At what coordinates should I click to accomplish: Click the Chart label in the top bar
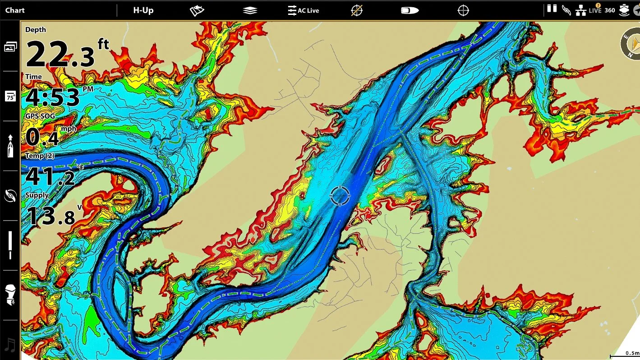tap(15, 10)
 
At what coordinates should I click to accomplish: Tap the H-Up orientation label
tap(143, 10)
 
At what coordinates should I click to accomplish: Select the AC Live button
tap(304, 10)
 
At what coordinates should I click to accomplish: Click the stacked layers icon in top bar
tap(250, 10)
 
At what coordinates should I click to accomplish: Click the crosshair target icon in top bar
tap(463, 10)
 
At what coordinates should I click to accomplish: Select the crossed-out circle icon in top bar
tap(357, 10)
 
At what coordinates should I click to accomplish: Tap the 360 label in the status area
tap(609, 10)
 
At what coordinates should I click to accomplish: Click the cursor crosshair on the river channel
tap(340, 195)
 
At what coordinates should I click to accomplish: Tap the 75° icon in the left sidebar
tap(10, 96)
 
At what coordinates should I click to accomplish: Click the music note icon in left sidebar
tap(10, 345)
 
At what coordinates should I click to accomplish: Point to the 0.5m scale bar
tap(624, 354)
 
